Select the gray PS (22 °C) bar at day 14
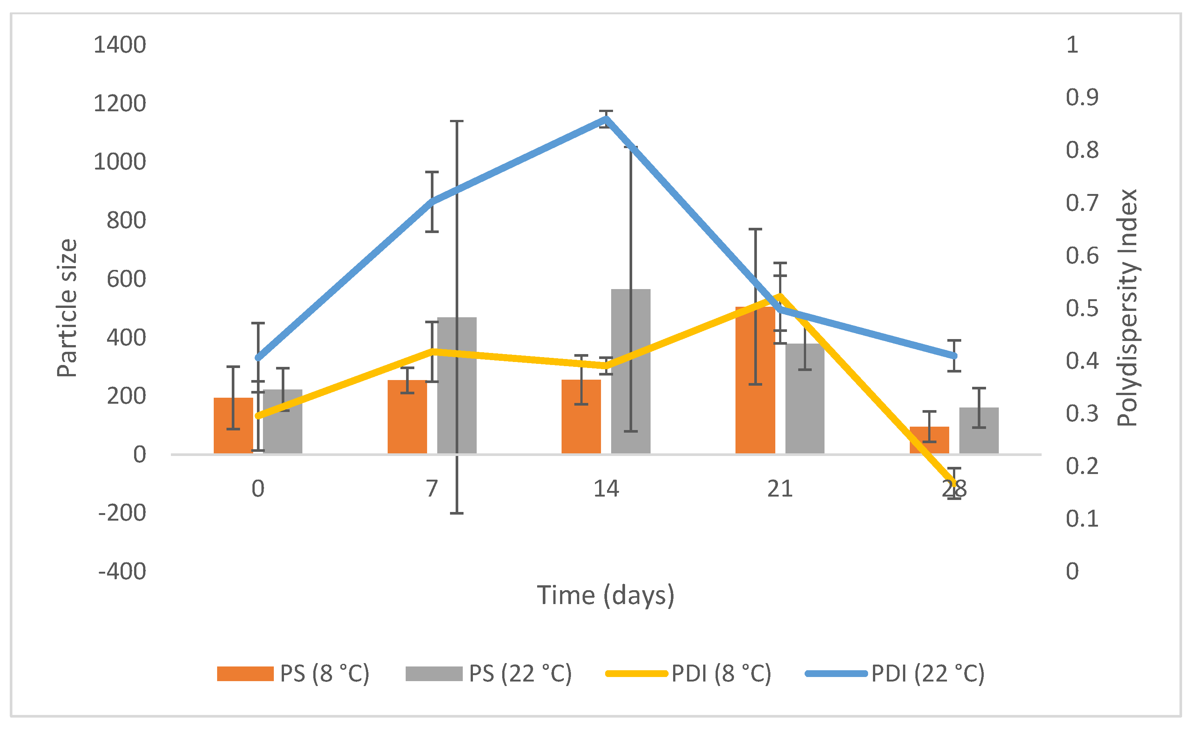point(630,373)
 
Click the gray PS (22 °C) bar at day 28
point(979,431)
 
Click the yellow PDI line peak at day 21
point(779,295)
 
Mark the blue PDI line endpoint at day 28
point(954,356)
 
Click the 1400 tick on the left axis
point(119,45)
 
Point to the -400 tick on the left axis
point(122,572)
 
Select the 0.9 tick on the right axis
point(1082,97)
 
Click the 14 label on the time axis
point(606,489)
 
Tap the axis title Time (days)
point(605,595)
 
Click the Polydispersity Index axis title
point(1127,307)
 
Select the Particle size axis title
point(67,308)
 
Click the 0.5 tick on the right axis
point(1082,308)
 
